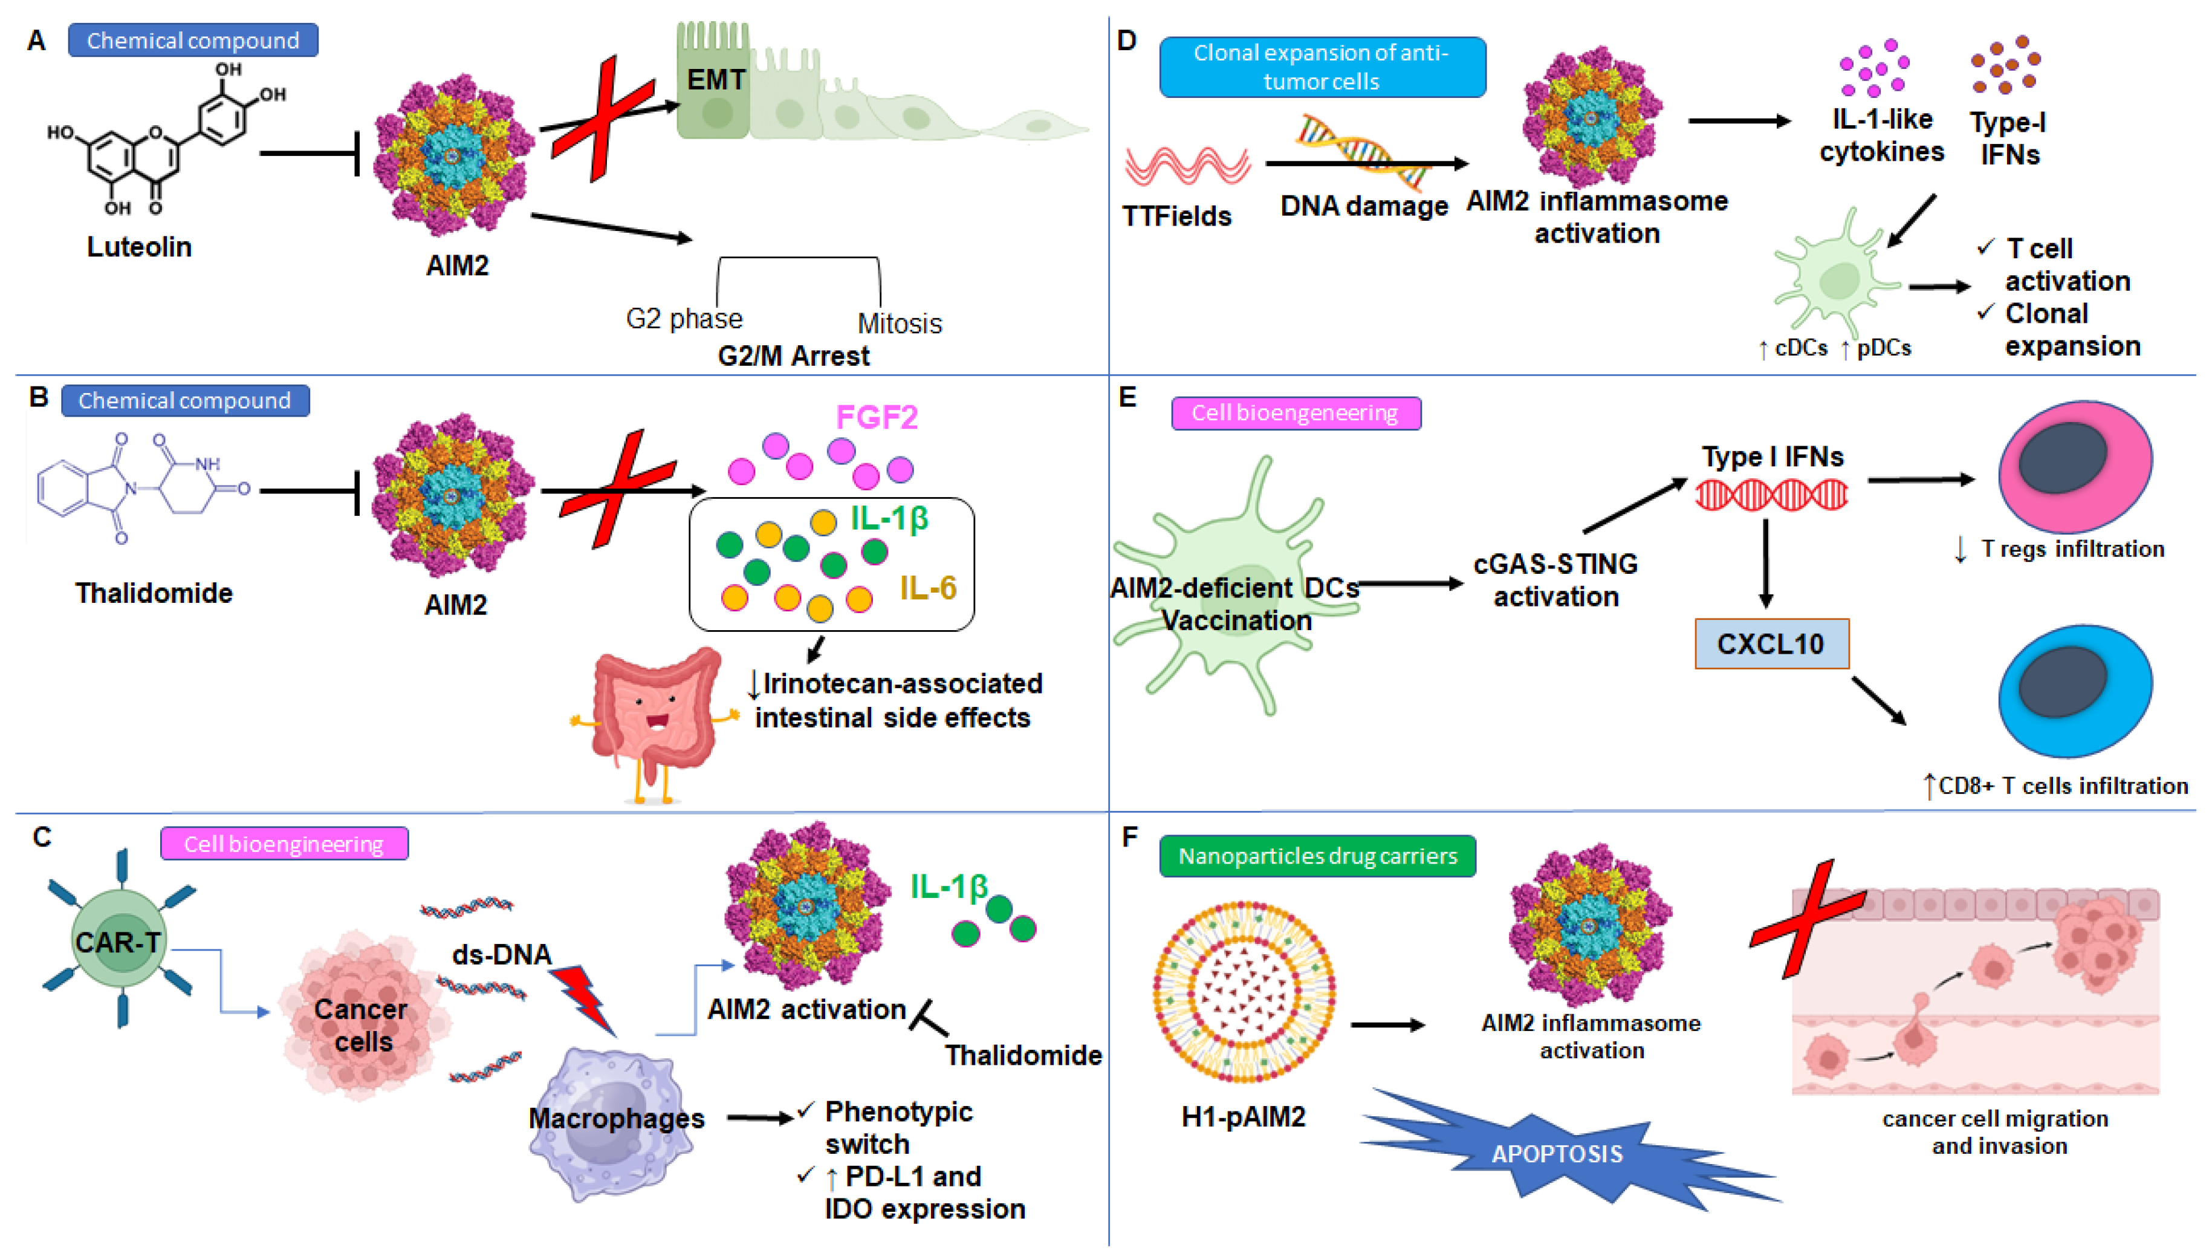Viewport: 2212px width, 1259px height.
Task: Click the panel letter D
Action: click(x=1126, y=40)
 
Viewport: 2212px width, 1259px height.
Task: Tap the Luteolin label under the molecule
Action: click(x=139, y=247)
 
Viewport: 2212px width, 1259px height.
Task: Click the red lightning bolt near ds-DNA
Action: click(x=585, y=999)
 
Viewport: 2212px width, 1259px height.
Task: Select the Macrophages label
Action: click(x=616, y=1118)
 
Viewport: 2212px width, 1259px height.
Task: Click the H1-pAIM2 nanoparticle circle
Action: click(x=1244, y=991)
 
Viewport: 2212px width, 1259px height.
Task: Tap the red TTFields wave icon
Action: click(x=1187, y=165)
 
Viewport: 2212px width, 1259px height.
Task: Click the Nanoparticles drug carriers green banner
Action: click(x=1317, y=856)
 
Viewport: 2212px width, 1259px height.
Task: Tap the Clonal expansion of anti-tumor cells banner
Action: click(x=1321, y=67)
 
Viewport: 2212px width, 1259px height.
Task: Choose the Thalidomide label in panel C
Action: click(x=1023, y=1055)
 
